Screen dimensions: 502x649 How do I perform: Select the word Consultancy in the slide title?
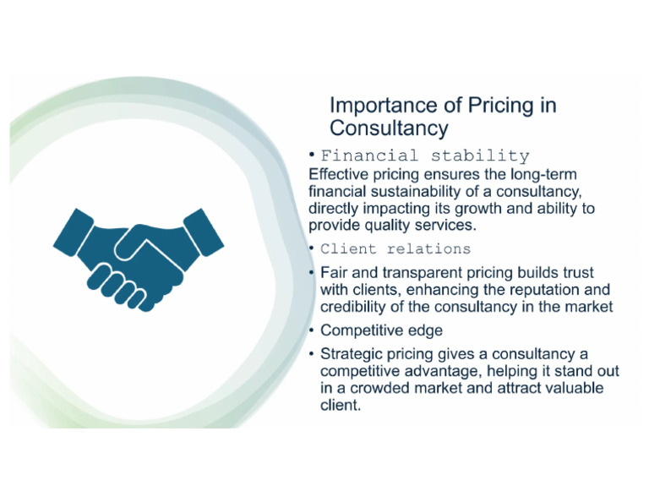point(388,128)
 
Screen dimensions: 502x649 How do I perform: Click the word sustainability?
point(428,192)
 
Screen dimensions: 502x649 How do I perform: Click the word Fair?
point(335,273)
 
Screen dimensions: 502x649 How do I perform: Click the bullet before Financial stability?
point(312,155)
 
